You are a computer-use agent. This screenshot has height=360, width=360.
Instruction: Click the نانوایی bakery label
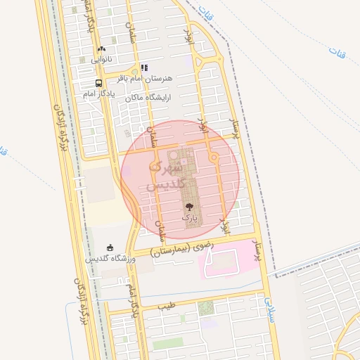100,60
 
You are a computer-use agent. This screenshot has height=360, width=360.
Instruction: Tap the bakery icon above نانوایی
102,49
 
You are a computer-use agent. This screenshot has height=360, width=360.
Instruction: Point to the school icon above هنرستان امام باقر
144,68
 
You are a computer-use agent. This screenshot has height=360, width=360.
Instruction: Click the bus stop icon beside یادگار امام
99,82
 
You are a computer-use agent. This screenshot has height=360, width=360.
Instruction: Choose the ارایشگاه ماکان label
149,97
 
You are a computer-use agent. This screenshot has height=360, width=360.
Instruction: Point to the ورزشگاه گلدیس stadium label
110,258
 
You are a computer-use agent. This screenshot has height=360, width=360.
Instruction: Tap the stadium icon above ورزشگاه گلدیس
110,247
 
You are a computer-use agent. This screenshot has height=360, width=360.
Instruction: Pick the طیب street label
166,307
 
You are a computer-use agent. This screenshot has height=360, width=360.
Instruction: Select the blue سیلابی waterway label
270,308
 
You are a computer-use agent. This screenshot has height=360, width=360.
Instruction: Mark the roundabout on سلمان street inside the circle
154,166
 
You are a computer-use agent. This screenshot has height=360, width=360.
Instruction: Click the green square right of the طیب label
205,307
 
